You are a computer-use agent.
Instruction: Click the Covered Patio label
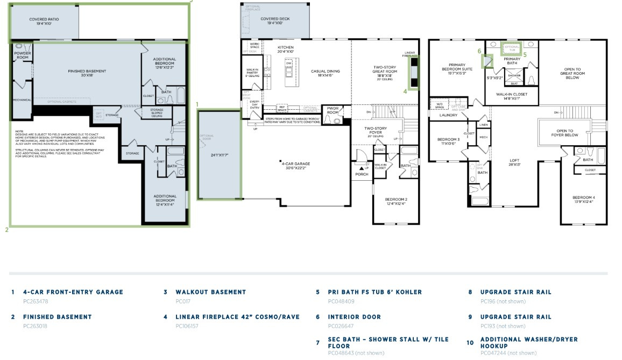[44, 22]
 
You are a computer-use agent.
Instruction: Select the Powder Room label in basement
[22, 55]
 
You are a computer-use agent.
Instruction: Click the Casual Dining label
[326, 73]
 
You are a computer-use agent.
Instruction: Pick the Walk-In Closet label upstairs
[512, 96]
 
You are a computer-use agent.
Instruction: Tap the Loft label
[514, 162]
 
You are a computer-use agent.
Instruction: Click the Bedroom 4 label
[584, 199]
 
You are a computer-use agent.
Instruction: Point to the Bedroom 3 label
[448, 141]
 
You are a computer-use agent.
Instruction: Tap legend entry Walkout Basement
[210, 292]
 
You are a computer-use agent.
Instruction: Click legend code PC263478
[36, 301]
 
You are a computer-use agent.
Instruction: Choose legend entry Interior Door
[354, 317]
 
